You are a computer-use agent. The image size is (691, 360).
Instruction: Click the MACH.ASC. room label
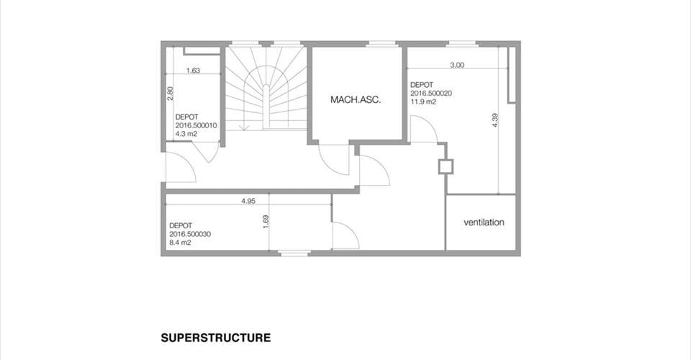356,100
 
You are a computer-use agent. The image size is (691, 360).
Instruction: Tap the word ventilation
484,222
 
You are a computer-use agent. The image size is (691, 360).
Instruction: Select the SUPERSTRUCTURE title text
216,338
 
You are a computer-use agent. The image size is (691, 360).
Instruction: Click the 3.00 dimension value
457,65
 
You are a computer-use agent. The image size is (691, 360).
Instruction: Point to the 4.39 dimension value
495,120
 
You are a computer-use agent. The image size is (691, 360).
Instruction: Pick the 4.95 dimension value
248,201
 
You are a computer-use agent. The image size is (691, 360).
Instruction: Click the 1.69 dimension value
266,222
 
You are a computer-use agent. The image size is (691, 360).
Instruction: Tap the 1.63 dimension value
193,70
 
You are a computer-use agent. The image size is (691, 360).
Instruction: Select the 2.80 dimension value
170,93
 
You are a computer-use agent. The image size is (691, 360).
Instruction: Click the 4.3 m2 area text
186,134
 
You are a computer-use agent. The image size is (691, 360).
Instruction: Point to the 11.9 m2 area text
423,102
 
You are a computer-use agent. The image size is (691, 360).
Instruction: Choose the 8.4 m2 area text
180,243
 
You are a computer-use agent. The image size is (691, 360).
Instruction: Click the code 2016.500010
196,125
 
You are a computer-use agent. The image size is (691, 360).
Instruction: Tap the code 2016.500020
431,94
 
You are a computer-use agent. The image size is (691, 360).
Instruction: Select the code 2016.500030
190,234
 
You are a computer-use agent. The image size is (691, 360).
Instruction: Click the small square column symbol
446,166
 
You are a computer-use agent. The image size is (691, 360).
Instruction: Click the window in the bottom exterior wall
295,253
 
